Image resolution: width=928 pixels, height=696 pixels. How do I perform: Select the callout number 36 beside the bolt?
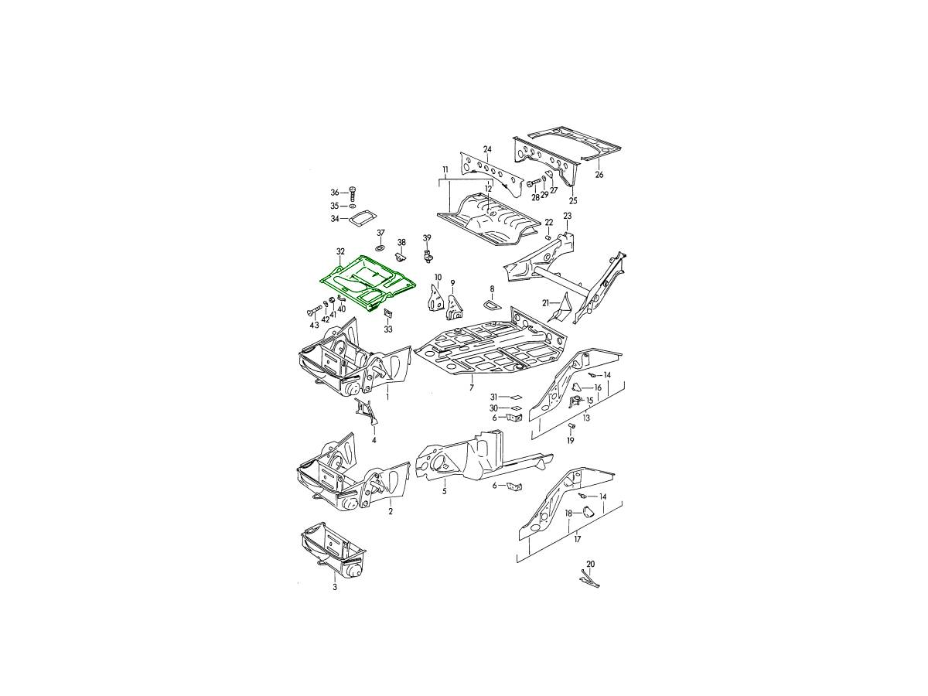334,193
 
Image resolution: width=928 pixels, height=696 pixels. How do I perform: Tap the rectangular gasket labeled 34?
360,218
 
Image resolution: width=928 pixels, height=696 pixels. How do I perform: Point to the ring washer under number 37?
380,247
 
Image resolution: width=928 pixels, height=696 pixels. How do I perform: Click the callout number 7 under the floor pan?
472,387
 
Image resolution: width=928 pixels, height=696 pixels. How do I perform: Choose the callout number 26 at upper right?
599,175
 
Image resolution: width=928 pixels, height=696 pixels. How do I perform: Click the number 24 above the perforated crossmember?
487,149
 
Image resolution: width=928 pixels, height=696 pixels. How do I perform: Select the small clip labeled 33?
387,314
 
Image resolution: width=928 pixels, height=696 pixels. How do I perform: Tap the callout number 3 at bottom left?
335,587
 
